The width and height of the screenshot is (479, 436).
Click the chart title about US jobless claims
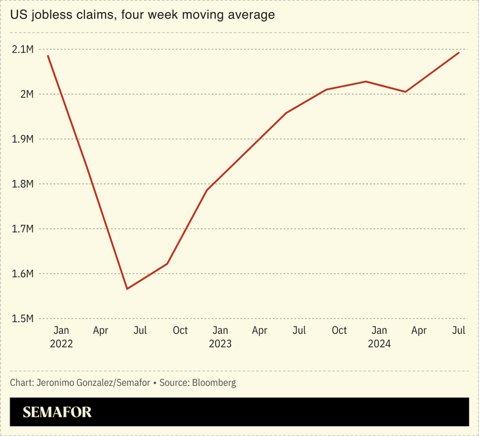point(143,15)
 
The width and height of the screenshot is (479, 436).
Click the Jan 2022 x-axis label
point(61,337)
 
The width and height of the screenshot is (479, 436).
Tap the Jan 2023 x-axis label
point(220,337)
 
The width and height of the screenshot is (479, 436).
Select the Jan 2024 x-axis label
point(379,337)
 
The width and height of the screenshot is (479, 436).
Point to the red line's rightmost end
point(459,53)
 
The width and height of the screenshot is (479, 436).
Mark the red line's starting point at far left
point(48,56)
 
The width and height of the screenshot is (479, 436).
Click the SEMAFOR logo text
point(57,412)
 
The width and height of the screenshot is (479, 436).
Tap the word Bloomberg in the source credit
point(214,383)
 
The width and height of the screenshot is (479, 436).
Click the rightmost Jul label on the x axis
point(459,330)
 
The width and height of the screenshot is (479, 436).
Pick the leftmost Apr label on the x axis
point(101,330)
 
